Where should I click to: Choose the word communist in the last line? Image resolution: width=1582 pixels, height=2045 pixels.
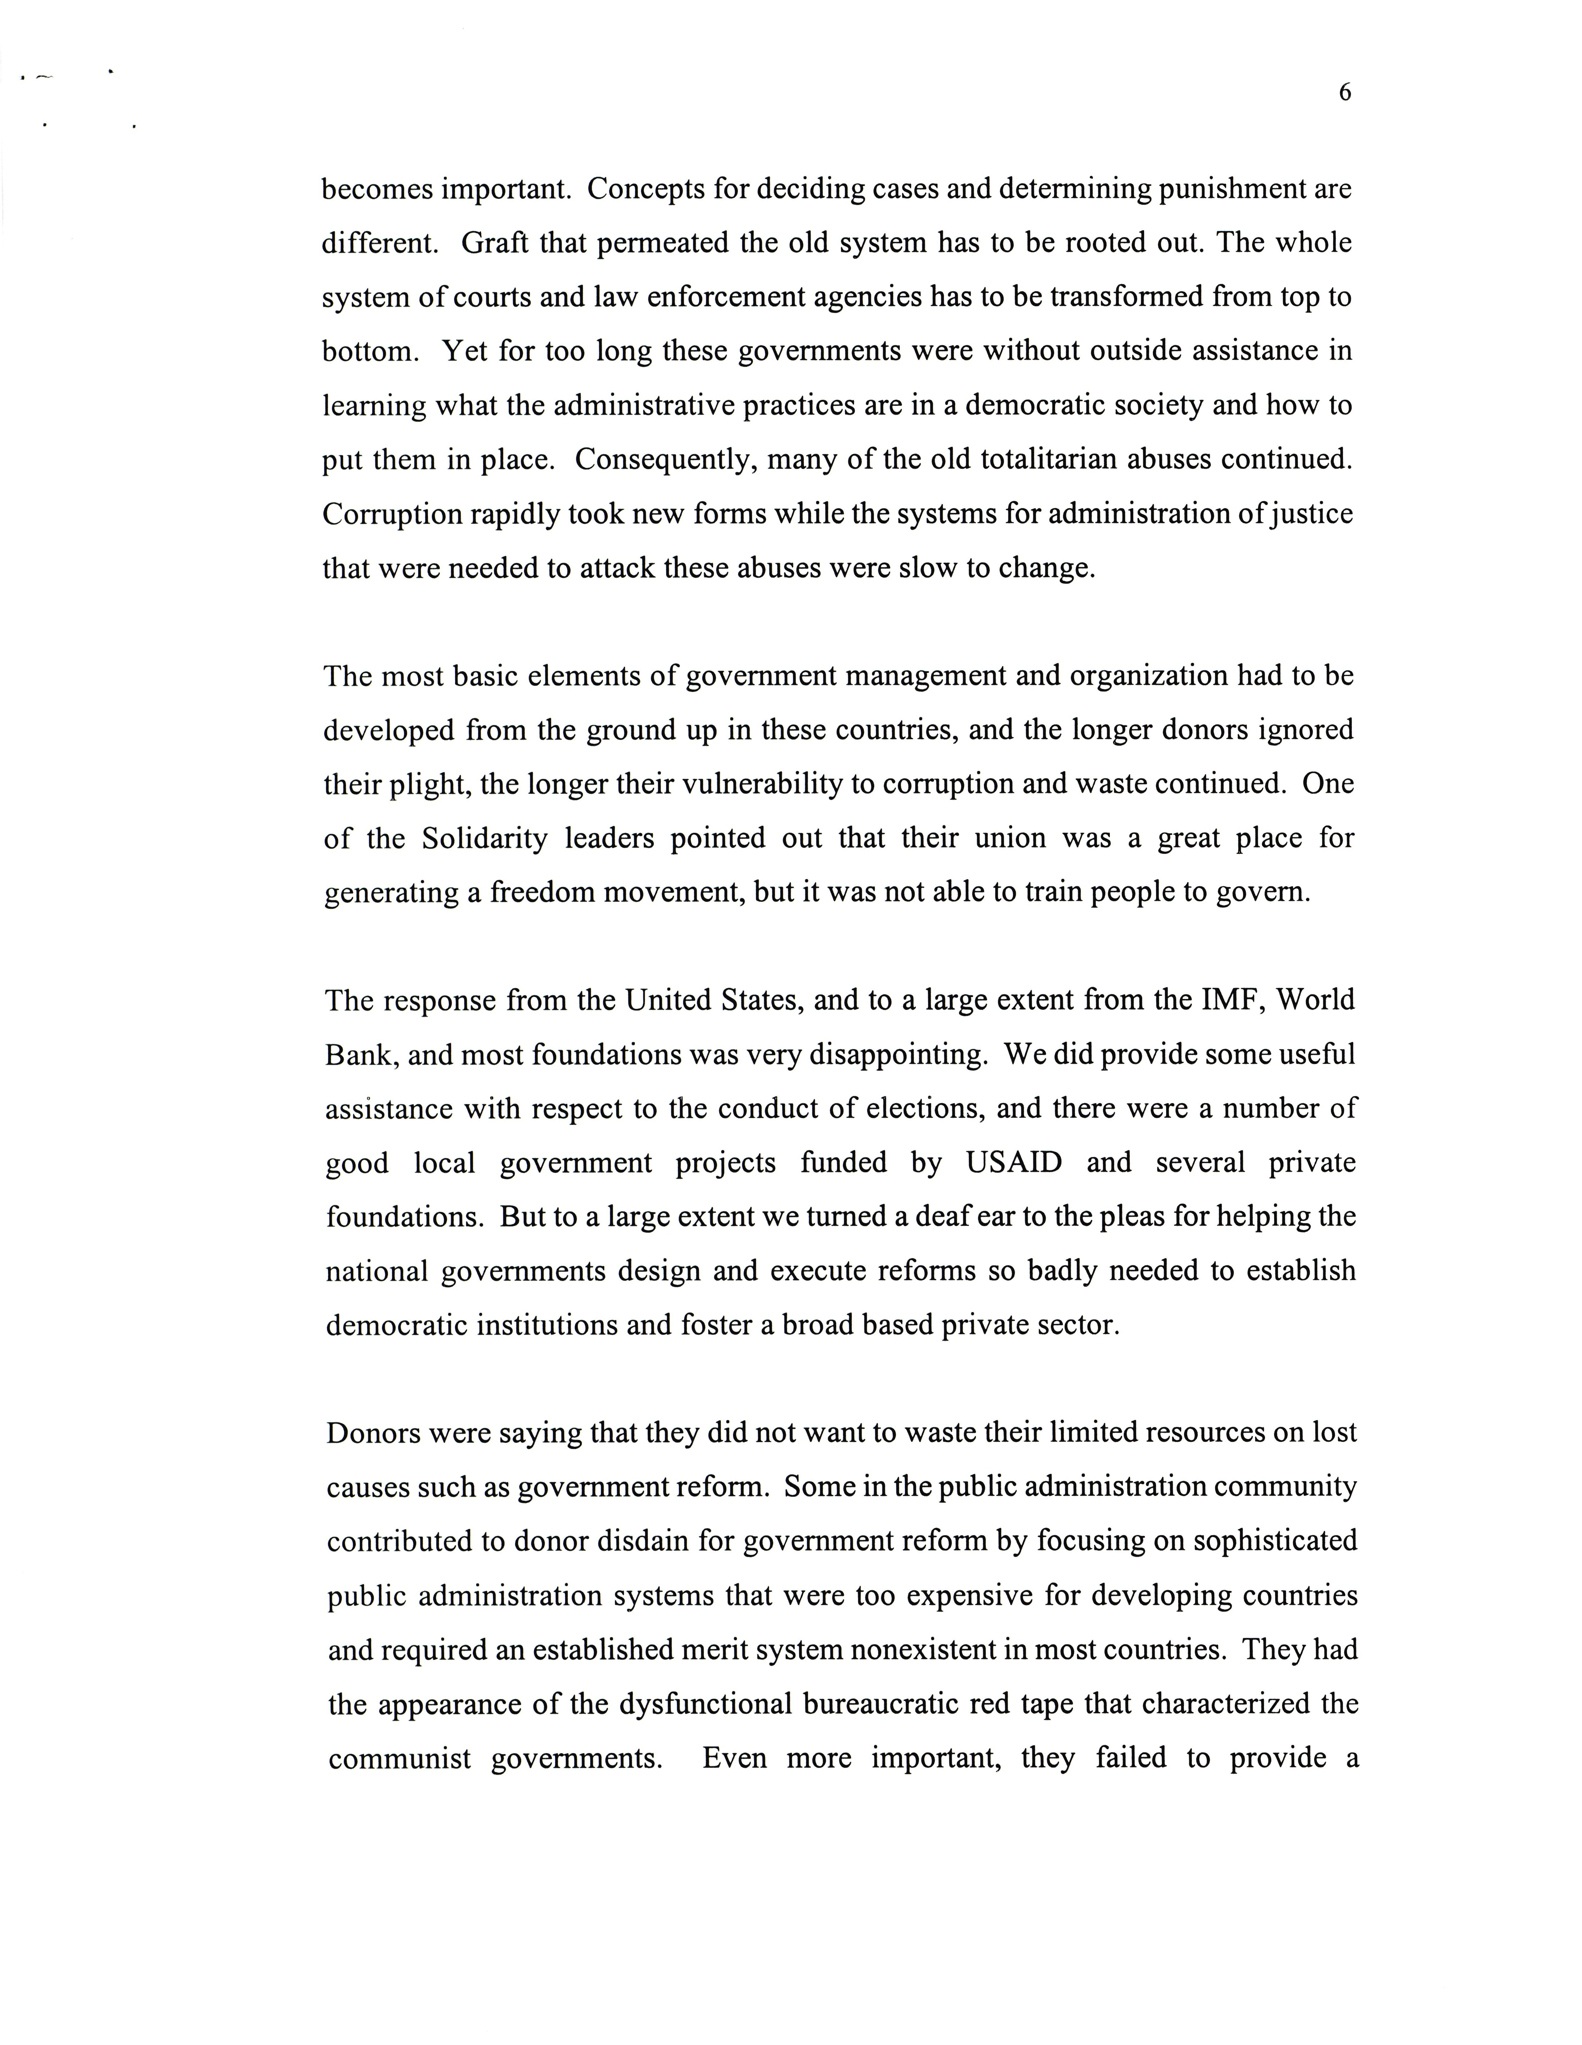point(400,1759)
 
